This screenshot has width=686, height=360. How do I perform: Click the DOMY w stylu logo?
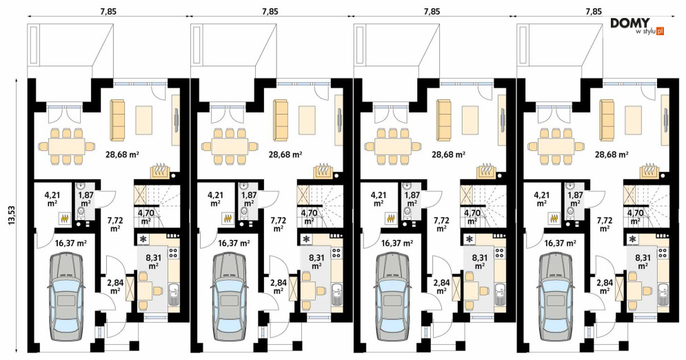coord(638,26)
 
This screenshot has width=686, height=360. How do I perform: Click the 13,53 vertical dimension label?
coord(12,216)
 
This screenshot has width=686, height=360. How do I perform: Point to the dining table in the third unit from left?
coord(392,146)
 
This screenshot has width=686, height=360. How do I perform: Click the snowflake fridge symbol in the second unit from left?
coord(306,239)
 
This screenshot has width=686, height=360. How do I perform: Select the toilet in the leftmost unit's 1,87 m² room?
coord(81,213)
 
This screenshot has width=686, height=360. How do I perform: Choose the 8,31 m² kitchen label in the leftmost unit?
coord(153,261)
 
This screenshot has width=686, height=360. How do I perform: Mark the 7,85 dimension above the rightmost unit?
coord(594,12)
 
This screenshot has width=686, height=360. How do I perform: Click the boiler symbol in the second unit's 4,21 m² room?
coord(228,217)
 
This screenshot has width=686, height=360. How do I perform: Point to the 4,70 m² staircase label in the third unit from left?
coord(472,217)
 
